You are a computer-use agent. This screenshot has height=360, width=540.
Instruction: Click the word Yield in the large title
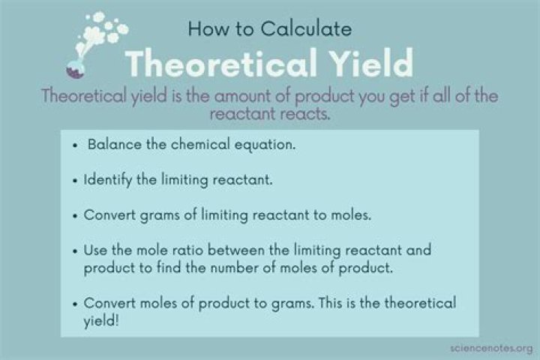(x=365, y=64)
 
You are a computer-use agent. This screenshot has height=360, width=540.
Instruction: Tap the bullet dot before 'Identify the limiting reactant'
(x=76, y=181)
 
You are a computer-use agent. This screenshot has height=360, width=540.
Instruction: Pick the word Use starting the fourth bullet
(x=96, y=250)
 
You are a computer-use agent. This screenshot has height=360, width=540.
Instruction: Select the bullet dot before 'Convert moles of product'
(x=76, y=304)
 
